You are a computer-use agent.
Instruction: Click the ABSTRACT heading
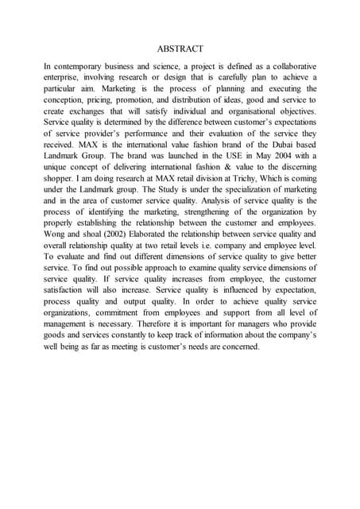pyautogui.click(x=180, y=49)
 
